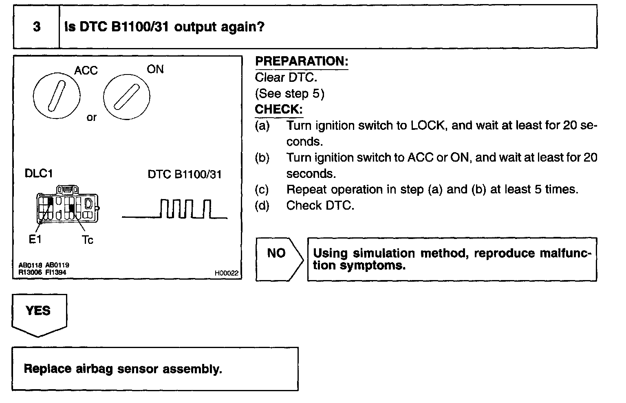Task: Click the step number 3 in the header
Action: pyautogui.click(x=37, y=27)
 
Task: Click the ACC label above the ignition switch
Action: pyautogui.click(x=86, y=70)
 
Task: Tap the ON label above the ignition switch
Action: pyautogui.click(x=155, y=69)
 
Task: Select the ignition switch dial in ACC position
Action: pyautogui.click(x=56, y=96)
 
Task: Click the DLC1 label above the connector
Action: pyautogui.click(x=39, y=173)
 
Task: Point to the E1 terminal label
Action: pyautogui.click(x=35, y=239)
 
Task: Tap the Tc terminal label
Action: pyautogui.click(x=87, y=240)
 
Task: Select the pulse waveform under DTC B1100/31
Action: pyautogui.click(x=175, y=209)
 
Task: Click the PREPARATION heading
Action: pyautogui.click(x=301, y=61)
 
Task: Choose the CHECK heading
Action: pyautogui.click(x=278, y=110)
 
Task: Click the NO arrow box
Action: pyautogui.click(x=279, y=259)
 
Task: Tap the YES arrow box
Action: pyautogui.click(x=39, y=313)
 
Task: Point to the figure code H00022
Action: pyautogui.click(x=226, y=274)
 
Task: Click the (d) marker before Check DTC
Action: pyautogui.click(x=262, y=206)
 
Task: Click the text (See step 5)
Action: pyautogui.click(x=289, y=94)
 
